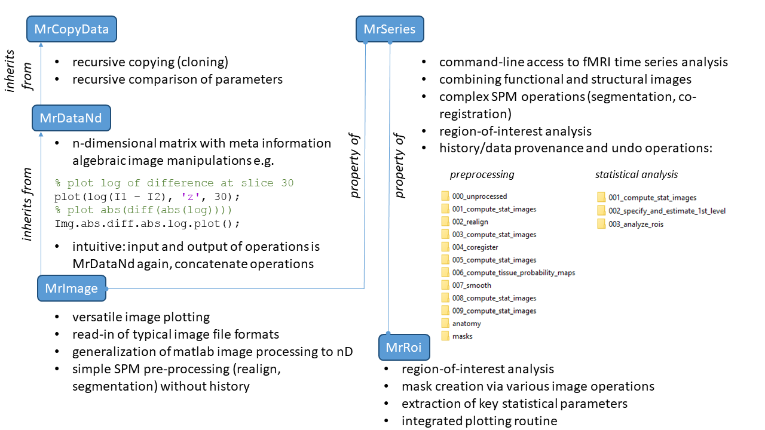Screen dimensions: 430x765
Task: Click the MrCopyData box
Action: pos(71,29)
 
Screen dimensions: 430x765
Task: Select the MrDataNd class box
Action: pos(71,118)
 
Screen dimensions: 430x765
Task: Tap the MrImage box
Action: pos(71,288)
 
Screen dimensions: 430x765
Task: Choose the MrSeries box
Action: pos(390,29)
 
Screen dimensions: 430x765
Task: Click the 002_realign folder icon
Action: pos(445,222)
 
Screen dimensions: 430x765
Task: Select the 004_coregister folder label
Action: pos(475,247)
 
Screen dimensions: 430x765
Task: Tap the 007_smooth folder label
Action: pos(472,285)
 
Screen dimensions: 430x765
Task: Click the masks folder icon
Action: pos(445,336)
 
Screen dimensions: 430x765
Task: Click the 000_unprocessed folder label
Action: pos(479,196)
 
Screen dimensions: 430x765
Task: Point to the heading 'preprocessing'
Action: pos(482,175)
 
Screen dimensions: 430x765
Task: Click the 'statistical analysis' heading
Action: pos(636,175)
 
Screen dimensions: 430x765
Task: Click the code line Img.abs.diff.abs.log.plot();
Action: pos(147,224)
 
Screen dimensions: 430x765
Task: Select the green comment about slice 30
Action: pos(174,183)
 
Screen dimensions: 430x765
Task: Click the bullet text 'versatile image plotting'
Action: pos(141,317)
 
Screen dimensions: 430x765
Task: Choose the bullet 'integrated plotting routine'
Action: pos(479,421)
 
